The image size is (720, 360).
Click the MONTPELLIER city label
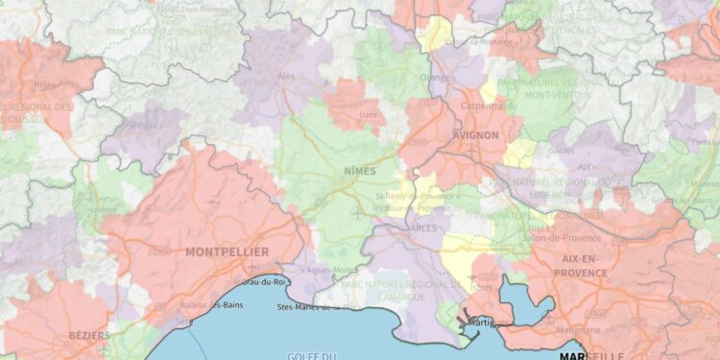click(228, 252)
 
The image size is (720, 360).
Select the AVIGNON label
click(475, 135)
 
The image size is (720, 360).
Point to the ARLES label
click(422, 228)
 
